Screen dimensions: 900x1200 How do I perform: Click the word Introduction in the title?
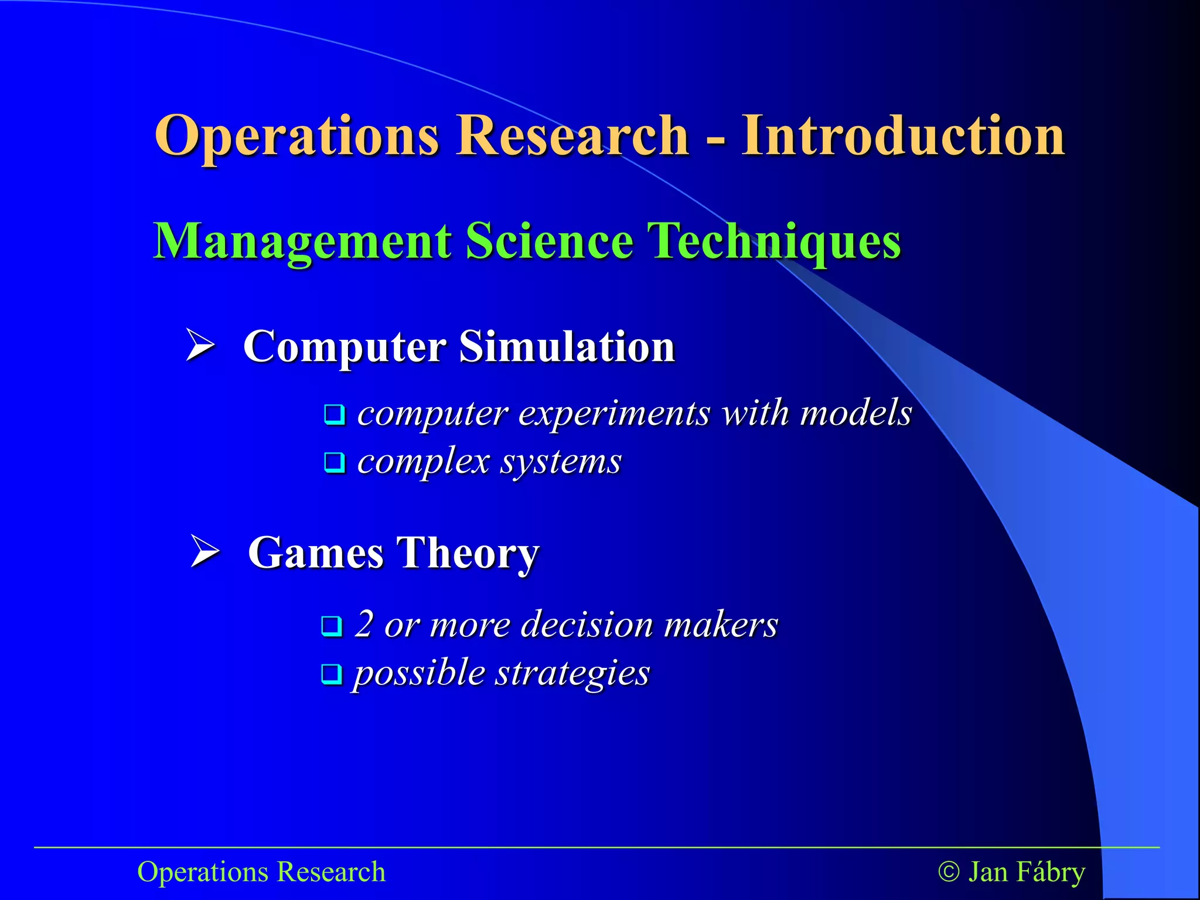coord(902,136)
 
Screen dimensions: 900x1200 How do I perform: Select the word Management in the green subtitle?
coord(302,241)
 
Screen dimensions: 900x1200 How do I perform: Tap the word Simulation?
coord(567,346)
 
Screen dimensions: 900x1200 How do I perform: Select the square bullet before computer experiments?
coord(334,415)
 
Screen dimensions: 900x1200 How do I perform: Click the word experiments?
coord(615,414)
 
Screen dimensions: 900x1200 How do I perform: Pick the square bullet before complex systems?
coord(334,463)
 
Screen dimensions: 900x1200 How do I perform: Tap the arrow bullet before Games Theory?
coord(205,551)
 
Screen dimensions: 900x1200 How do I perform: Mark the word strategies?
coord(572,673)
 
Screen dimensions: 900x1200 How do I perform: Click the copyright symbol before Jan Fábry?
coord(949,872)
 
